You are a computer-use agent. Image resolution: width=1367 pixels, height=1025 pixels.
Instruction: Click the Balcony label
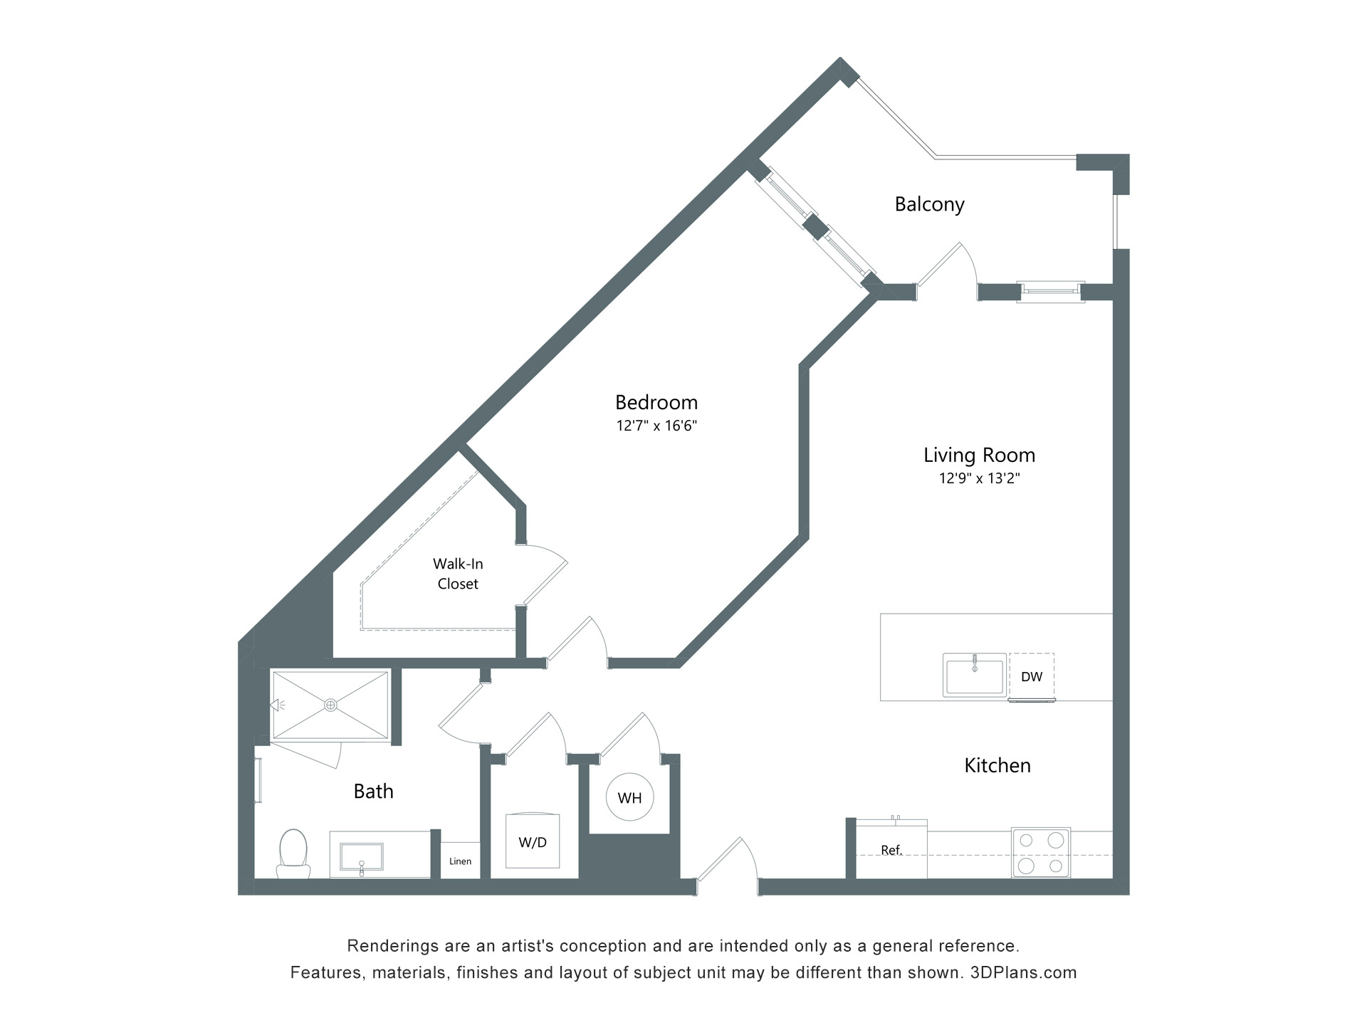point(929,204)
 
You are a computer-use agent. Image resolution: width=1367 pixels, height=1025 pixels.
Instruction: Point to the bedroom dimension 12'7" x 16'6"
point(656,426)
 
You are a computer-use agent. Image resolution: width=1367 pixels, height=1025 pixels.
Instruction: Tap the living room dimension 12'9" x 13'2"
point(980,478)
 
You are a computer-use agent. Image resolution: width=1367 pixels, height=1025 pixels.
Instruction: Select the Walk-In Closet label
point(458,574)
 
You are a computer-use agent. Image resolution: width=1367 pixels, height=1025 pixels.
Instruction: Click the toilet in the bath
point(293,853)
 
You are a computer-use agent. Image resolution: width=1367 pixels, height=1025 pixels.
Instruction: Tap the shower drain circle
point(330,705)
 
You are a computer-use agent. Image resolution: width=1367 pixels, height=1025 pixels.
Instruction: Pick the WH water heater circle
point(629,798)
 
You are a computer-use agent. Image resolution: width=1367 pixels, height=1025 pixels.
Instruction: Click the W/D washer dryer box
point(533,841)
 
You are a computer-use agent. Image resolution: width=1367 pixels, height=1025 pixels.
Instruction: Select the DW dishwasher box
point(1032,677)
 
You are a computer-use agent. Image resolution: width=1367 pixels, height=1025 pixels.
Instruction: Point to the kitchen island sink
point(974,674)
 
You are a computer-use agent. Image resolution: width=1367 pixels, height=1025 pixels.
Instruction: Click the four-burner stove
point(1041,852)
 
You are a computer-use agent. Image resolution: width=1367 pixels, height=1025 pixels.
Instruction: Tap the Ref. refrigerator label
point(891,850)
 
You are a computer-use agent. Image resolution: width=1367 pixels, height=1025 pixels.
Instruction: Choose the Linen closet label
point(461,861)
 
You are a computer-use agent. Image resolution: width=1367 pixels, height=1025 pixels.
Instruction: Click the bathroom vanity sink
point(362,857)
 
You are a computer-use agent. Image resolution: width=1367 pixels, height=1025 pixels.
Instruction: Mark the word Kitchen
point(997,765)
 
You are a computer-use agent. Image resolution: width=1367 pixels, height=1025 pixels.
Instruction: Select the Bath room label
point(374,791)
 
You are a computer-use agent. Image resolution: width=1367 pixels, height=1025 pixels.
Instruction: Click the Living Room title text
point(980,455)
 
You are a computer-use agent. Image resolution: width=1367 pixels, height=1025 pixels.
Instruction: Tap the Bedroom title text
point(656,402)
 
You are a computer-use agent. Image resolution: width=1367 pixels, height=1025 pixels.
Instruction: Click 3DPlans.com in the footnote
point(1024,972)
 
